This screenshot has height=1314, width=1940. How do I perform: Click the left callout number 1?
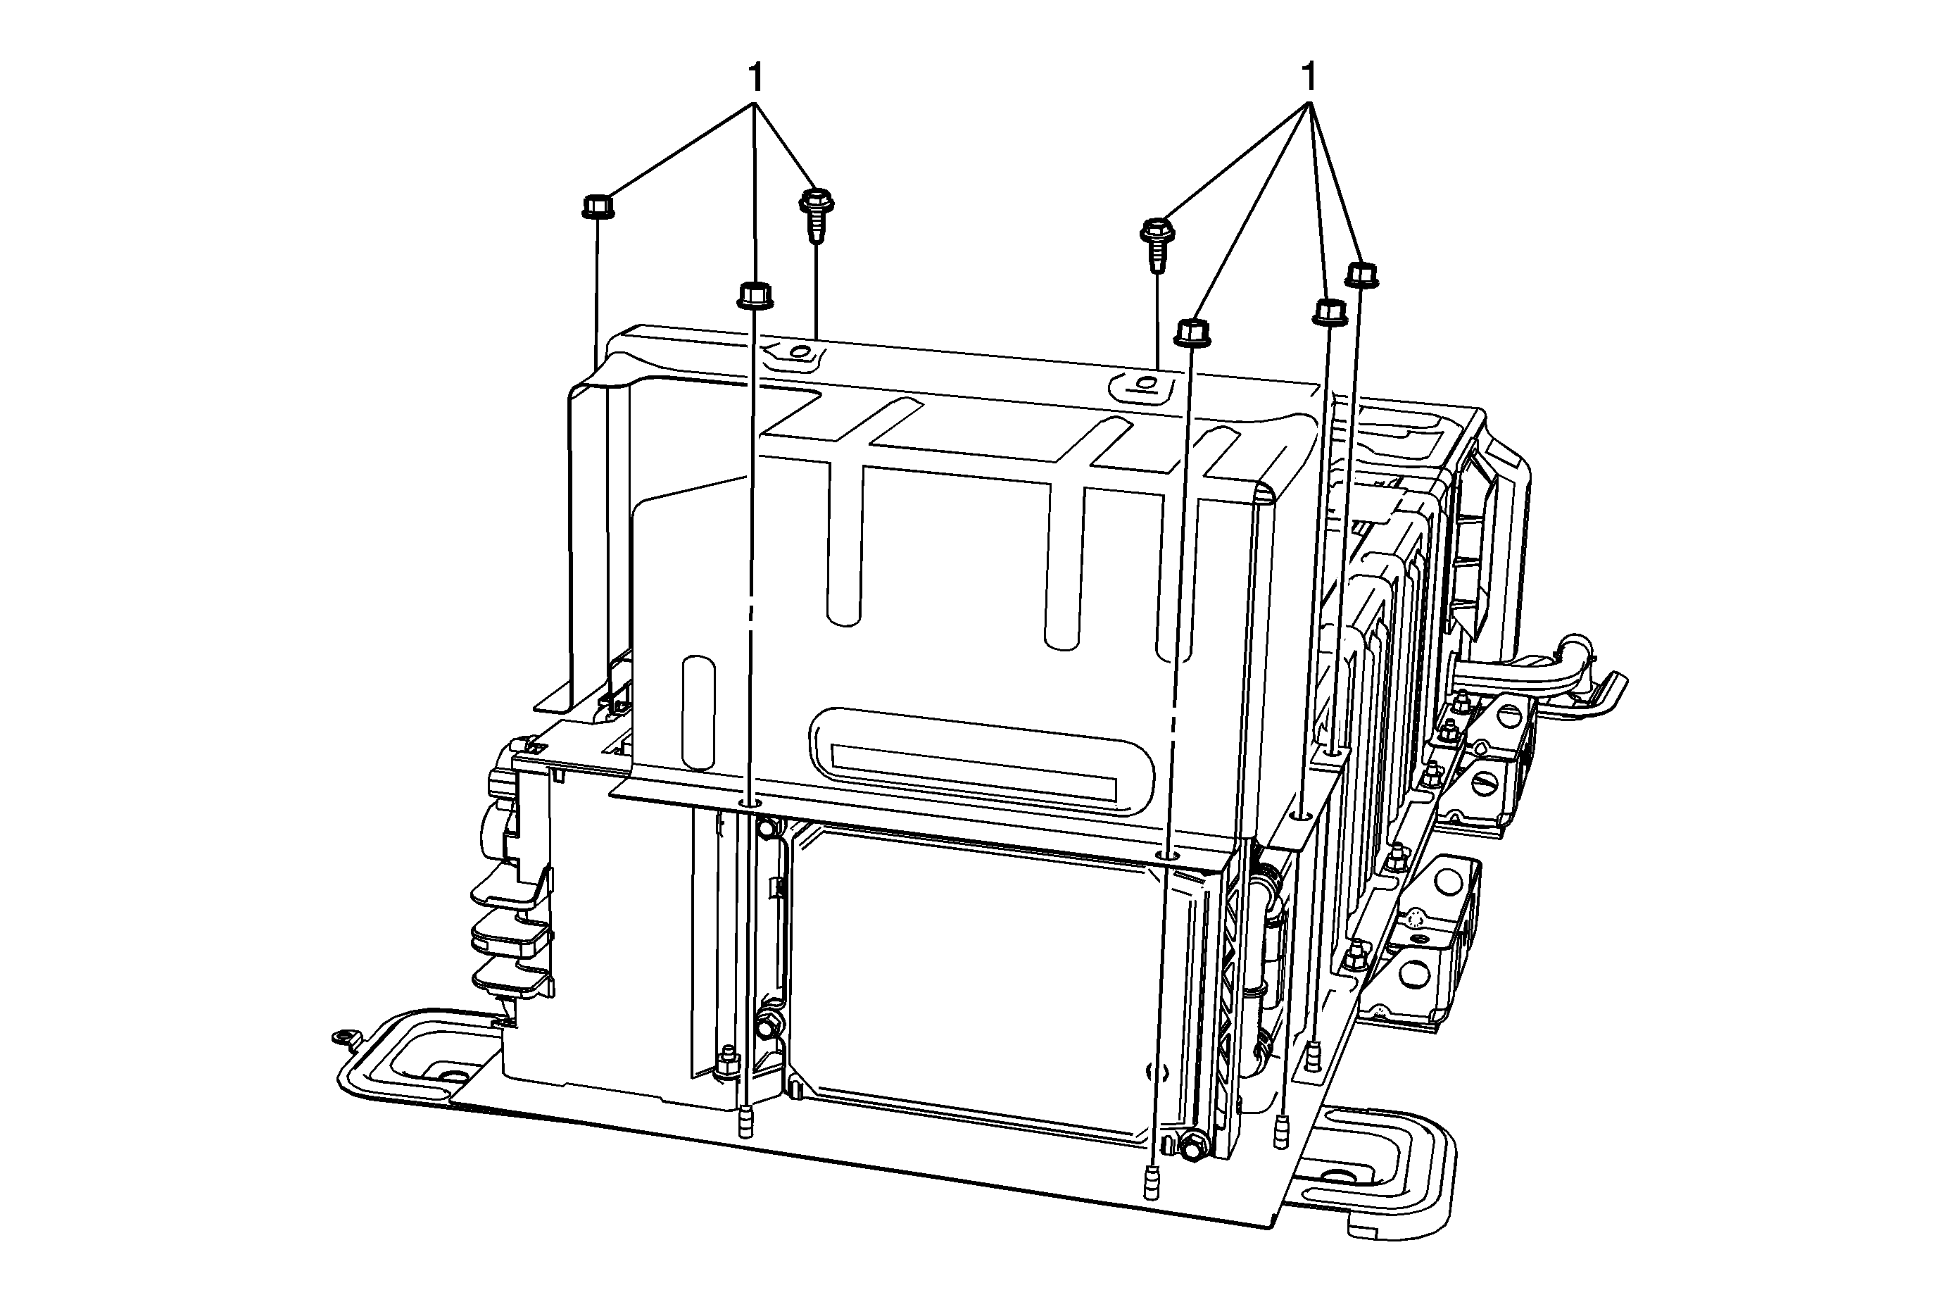(x=755, y=80)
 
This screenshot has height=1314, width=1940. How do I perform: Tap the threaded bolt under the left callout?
(x=817, y=215)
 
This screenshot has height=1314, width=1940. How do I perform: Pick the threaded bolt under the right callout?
(x=1156, y=244)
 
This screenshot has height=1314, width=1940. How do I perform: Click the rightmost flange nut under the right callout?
(x=1362, y=275)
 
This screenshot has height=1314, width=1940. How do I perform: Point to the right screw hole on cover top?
(x=1145, y=385)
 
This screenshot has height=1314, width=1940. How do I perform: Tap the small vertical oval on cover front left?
(x=699, y=712)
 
